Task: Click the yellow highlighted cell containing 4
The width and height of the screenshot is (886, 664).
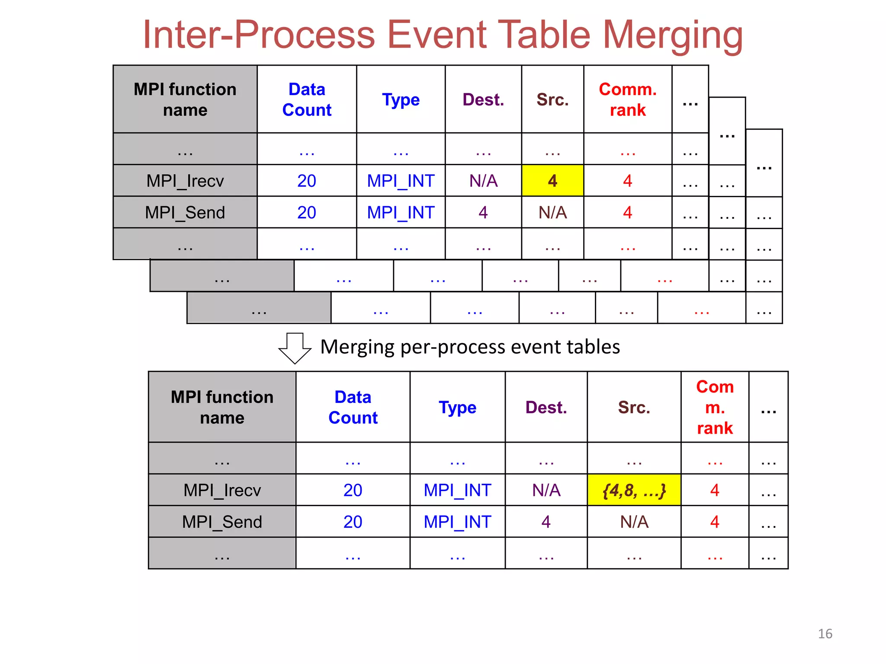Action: pos(552,180)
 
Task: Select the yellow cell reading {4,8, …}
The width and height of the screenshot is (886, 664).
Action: pos(634,490)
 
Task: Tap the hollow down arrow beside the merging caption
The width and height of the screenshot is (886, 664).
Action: pos(295,348)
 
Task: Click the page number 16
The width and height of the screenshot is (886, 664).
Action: pos(825,634)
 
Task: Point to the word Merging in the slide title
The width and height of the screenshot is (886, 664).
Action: pos(673,35)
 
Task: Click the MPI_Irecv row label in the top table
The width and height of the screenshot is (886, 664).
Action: pos(185,181)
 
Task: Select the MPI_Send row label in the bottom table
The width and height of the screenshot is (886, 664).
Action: pos(222,522)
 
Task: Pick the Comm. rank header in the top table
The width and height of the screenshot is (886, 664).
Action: pos(627,99)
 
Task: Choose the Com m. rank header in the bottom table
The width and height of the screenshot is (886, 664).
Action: pos(715,407)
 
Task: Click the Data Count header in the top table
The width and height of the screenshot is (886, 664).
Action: pos(307,99)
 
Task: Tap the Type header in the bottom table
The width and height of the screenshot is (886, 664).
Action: pos(457,408)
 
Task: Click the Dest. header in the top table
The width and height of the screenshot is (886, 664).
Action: pos(483,100)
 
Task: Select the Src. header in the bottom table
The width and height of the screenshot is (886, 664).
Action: pos(634,408)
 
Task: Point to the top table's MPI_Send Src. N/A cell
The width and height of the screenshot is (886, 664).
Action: pos(552,212)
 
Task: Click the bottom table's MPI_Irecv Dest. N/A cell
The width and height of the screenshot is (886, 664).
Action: pos(546,490)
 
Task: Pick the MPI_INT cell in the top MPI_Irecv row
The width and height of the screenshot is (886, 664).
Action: pos(401,181)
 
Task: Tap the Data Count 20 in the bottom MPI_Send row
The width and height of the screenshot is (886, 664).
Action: pos(353,522)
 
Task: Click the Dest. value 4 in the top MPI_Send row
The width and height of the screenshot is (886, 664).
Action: pos(483,212)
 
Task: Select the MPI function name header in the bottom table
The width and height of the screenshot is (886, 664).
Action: pos(222,407)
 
